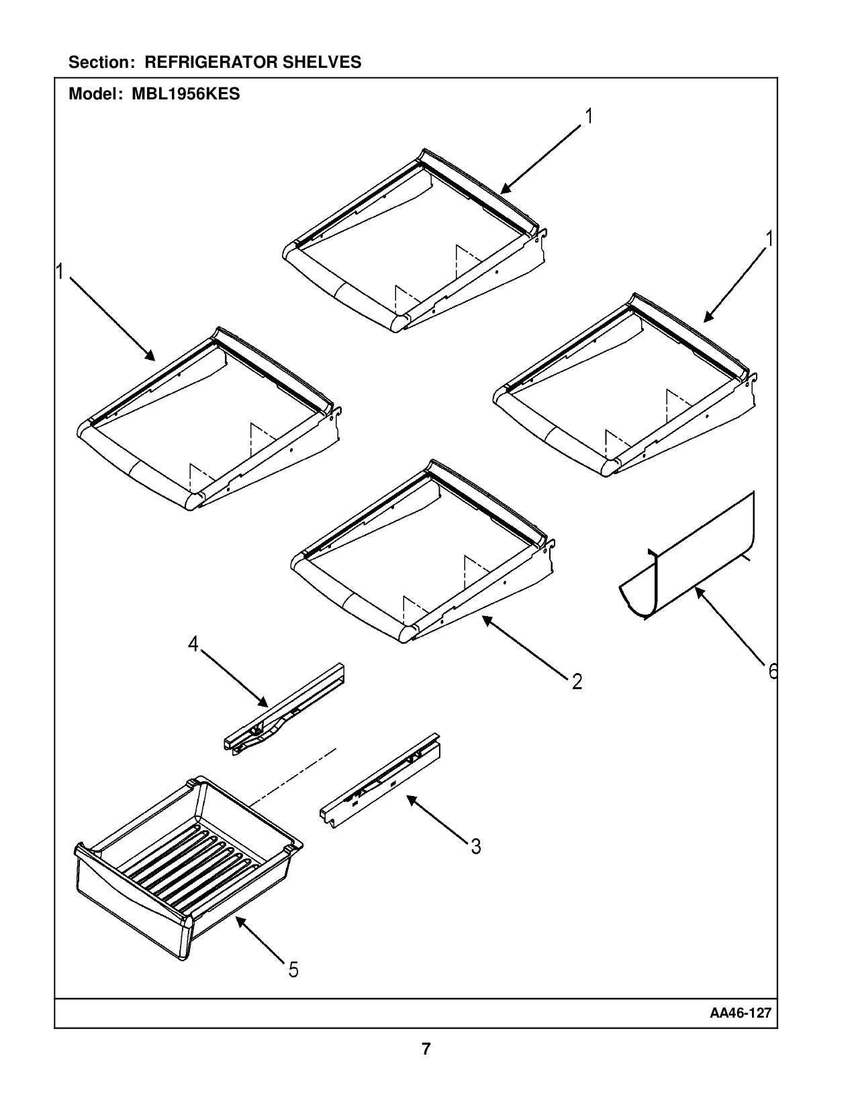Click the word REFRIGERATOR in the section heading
(211, 62)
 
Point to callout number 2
(577, 682)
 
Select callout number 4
(193, 645)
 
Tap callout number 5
(293, 969)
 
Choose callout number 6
(772, 671)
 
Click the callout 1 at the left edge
(60, 272)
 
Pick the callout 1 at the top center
(589, 117)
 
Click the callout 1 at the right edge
(769, 239)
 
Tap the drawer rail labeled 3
(379, 779)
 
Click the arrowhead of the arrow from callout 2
(485, 619)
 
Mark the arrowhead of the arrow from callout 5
(238, 922)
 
